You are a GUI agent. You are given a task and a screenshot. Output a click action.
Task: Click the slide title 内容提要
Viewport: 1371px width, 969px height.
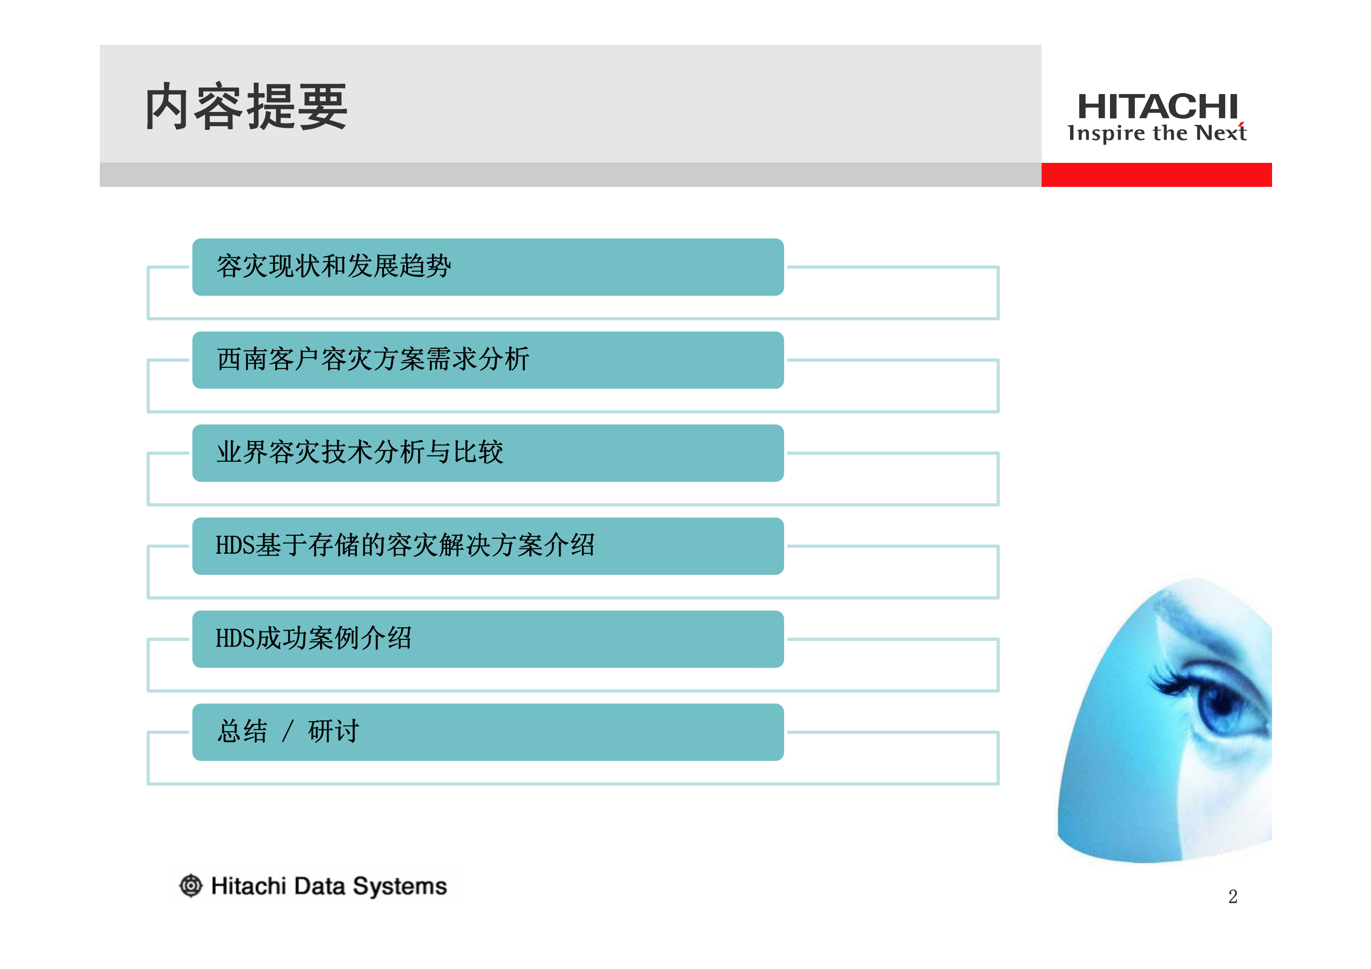(246, 107)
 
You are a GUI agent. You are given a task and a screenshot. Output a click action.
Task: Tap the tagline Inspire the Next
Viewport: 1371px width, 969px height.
(1157, 133)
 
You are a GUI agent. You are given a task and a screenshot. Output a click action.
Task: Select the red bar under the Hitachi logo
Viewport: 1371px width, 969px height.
(1156, 175)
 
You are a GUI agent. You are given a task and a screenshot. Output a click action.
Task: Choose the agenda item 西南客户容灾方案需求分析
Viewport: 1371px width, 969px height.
(373, 360)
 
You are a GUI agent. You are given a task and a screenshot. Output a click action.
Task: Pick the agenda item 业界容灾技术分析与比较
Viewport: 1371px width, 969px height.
(360, 453)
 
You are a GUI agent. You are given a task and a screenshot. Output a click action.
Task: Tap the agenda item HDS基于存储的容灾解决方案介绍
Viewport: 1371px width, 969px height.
(405, 546)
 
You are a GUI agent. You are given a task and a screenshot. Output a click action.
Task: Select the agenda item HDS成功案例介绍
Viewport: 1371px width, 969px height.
(314, 638)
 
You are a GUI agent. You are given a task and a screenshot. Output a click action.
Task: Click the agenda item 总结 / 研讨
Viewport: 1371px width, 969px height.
(288, 731)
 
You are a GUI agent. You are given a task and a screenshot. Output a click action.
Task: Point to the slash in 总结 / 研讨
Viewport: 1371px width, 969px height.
(288, 731)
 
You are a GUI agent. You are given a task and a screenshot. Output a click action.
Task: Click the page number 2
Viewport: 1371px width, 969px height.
(1233, 897)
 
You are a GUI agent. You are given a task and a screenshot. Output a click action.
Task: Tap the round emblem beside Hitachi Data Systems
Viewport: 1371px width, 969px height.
(191, 886)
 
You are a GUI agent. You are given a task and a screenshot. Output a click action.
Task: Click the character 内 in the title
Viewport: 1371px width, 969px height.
(168, 107)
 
